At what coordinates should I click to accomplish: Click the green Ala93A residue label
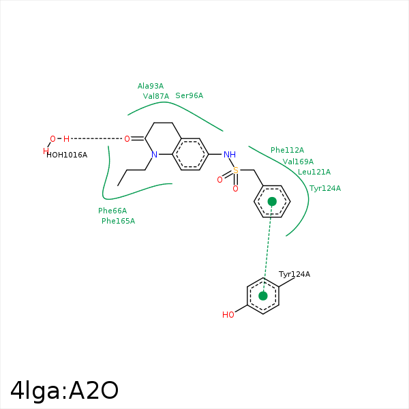coord(151,86)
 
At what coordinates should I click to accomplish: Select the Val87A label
coord(156,96)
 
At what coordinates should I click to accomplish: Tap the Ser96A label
coord(189,95)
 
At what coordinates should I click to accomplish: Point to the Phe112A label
coord(287,150)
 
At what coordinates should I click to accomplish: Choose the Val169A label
coord(298,162)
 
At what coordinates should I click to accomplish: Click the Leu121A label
coord(314,172)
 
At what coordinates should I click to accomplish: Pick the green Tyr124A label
coord(325,188)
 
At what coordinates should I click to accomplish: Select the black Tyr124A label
coord(294,274)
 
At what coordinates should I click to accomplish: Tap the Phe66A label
coord(112,211)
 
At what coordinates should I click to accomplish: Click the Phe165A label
coord(118,221)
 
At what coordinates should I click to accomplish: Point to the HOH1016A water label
coord(67,155)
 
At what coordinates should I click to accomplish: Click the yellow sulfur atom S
coord(236,170)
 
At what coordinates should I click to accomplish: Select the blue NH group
coord(229,154)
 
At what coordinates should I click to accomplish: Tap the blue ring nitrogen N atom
coord(155,155)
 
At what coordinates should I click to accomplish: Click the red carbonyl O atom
coord(127,139)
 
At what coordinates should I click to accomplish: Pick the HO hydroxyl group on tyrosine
coord(228,315)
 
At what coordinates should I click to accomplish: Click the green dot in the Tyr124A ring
coord(263,296)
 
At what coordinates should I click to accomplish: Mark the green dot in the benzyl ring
coord(272,202)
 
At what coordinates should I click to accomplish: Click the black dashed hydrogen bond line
coord(96,139)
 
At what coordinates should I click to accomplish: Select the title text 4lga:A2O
coord(65,390)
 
